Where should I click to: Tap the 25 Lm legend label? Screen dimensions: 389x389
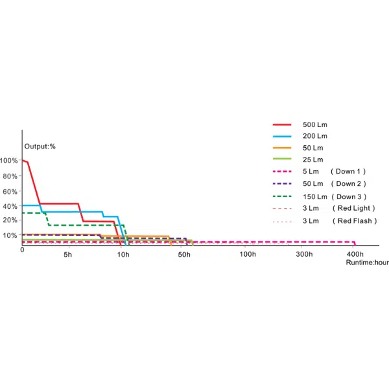tap(313, 159)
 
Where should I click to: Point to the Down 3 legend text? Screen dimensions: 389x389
tap(349, 196)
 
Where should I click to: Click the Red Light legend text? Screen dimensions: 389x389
tap(353, 208)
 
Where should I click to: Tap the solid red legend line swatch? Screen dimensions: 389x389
tap(282, 124)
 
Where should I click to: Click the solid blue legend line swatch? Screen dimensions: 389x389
tap(282, 136)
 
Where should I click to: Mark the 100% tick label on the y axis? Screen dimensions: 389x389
tap(10, 160)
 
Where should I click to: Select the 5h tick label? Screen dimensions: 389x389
tap(67, 254)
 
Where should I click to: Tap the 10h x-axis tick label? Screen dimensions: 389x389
tap(123, 254)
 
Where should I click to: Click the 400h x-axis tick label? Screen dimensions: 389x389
tap(355, 254)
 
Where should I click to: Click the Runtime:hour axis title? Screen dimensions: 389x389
tap(367, 263)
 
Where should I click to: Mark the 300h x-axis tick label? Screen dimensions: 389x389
tap(304, 254)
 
